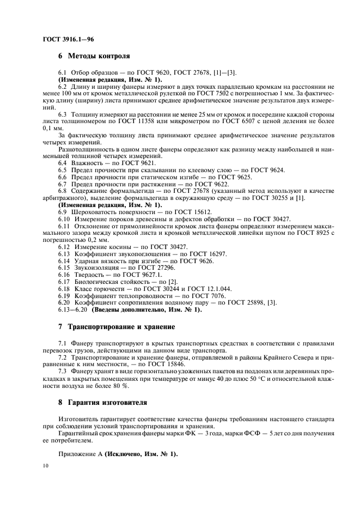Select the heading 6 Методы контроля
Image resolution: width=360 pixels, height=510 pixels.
(x=94, y=56)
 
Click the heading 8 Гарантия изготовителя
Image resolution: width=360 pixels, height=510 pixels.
(x=102, y=403)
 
